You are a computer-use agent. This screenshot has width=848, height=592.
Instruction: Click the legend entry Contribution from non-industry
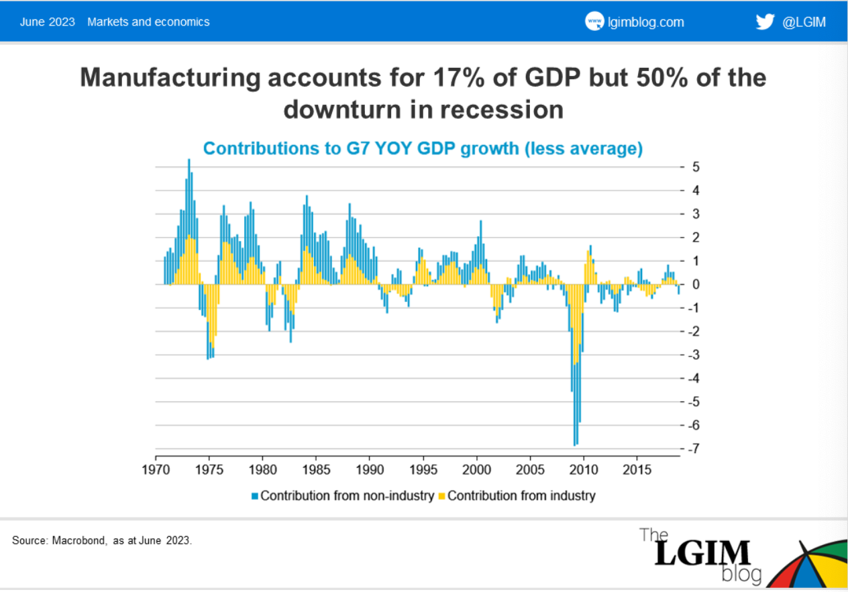(347, 496)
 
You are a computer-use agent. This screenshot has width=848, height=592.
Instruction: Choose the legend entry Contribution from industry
(521, 496)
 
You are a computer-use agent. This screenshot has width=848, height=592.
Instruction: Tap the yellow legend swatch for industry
(441, 497)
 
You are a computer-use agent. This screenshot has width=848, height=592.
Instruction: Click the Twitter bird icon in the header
(765, 21)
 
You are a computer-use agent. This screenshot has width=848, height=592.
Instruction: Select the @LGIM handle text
(804, 22)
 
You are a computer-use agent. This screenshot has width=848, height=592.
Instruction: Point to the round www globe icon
(594, 21)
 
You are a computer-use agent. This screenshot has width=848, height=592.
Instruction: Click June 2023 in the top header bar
(46, 21)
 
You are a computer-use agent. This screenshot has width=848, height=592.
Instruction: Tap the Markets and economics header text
(148, 21)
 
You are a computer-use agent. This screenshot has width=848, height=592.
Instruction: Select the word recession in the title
(498, 109)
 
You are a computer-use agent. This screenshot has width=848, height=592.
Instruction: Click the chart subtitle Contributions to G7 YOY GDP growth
(423, 148)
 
